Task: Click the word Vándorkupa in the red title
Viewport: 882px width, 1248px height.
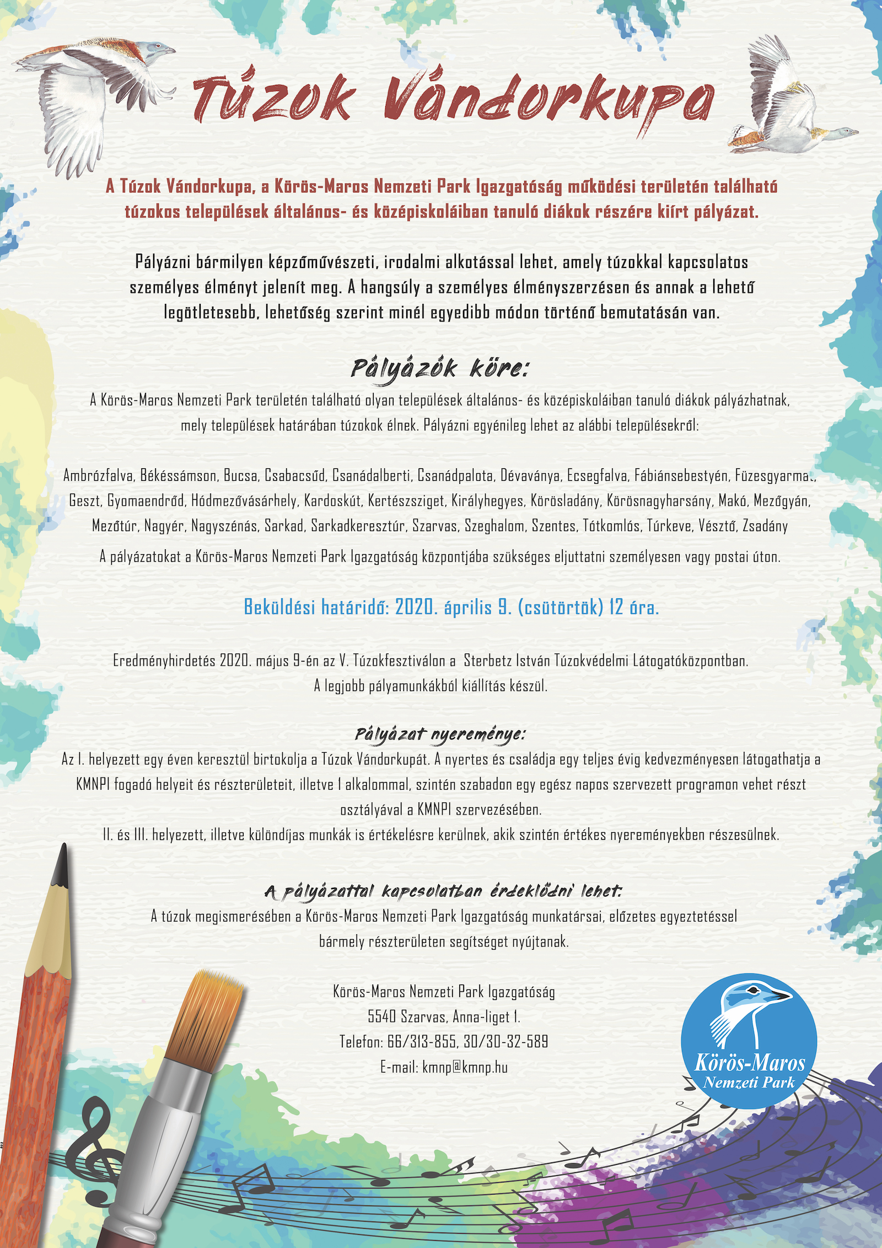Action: point(548,100)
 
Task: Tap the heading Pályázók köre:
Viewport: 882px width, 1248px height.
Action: point(439,368)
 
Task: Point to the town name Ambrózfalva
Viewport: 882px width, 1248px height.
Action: point(98,475)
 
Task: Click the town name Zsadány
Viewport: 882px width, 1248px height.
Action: point(765,526)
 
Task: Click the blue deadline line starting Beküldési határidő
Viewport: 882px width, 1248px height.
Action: point(451,608)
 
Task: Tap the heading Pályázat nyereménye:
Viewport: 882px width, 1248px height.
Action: point(440,734)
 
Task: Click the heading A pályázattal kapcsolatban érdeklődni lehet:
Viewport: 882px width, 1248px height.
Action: point(443,891)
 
